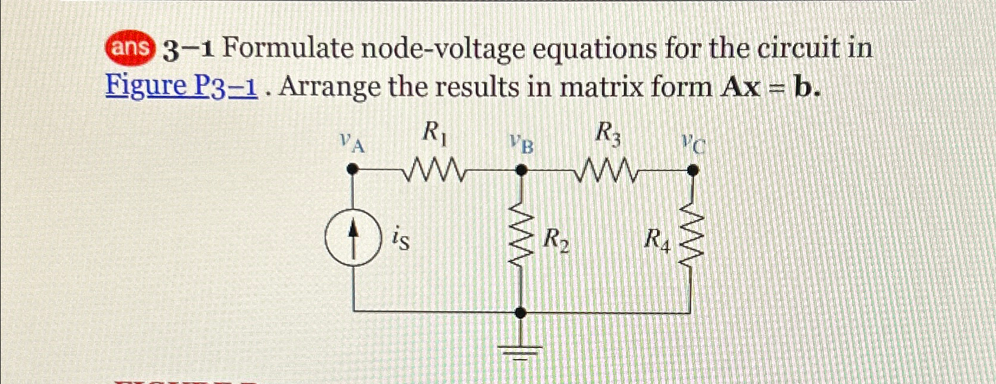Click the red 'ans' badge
pyautogui.click(x=130, y=48)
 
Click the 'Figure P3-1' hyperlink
pyautogui.click(x=181, y=87)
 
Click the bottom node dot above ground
pyautogui.click(x=521, y=312)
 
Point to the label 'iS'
pyautogui.click(x=400, y=240)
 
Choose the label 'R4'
pyautogui.click(x=657, y=240)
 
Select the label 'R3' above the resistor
pyautogui.click(x=608, y=134)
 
